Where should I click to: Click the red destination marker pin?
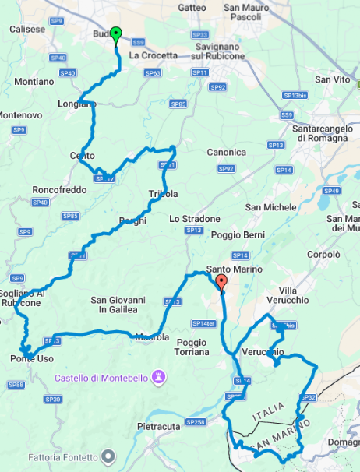point(221,283)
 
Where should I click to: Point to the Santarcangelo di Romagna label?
point(319,133)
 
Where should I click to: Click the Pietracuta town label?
point(159,427)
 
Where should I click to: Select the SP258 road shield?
point(195,422)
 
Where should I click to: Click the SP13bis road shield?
point(295,95)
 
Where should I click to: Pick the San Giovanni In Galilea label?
point(118,305)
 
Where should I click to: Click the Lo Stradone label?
point(195,219)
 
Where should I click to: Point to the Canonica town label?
point(228,153)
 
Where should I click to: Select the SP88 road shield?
point(15,385)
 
